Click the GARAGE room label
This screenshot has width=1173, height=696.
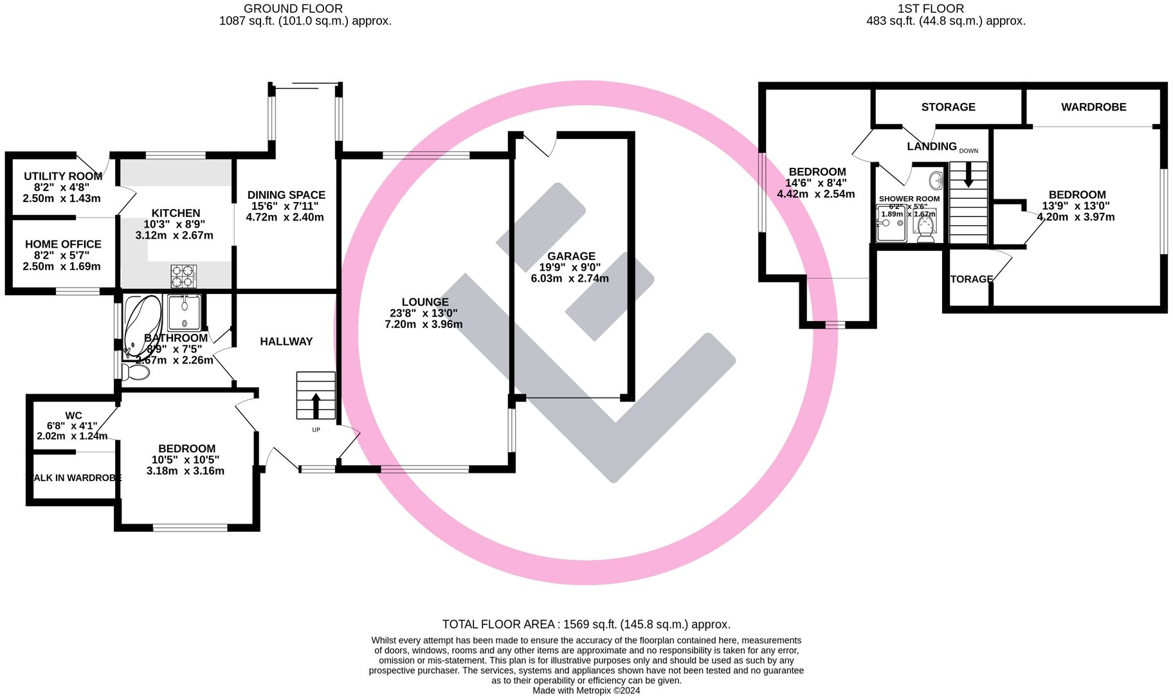click(571, 256)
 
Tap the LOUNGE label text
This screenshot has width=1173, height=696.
click(424, 302)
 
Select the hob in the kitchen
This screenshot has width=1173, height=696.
click(183, 277)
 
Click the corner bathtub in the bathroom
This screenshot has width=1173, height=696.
click(141, 325)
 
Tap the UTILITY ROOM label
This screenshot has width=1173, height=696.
click(63, 176)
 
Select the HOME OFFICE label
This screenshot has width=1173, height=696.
click(63, 244)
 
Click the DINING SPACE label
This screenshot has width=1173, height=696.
click(286, 195)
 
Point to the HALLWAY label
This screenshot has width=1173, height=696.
click(286, 342)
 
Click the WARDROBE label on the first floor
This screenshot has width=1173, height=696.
click(1093, 107)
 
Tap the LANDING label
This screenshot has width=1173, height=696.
click(931, 147)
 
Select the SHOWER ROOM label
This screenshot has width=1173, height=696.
click(909, 199)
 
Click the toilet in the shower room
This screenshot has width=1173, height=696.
click(925, 228)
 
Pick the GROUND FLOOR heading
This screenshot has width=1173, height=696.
click(293, 9)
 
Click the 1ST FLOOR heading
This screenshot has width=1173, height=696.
click(931, 9)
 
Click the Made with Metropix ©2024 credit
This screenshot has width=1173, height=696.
click(586, 691)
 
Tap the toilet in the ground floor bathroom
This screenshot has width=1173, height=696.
click(135, 372)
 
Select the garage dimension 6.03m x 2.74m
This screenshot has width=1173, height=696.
click(570, 279)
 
